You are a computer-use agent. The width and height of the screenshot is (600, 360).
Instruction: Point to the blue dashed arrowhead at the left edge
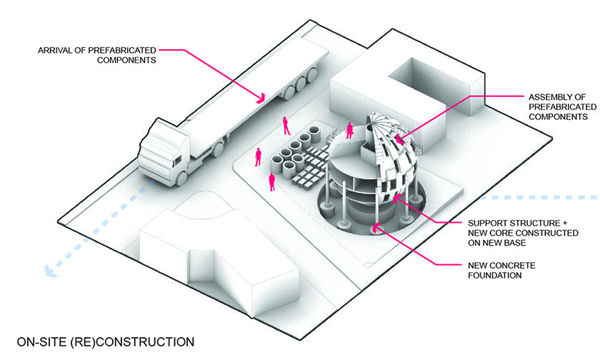[x=48, y=271]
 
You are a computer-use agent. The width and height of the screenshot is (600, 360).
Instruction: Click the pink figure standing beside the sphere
[x=349, y=131]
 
